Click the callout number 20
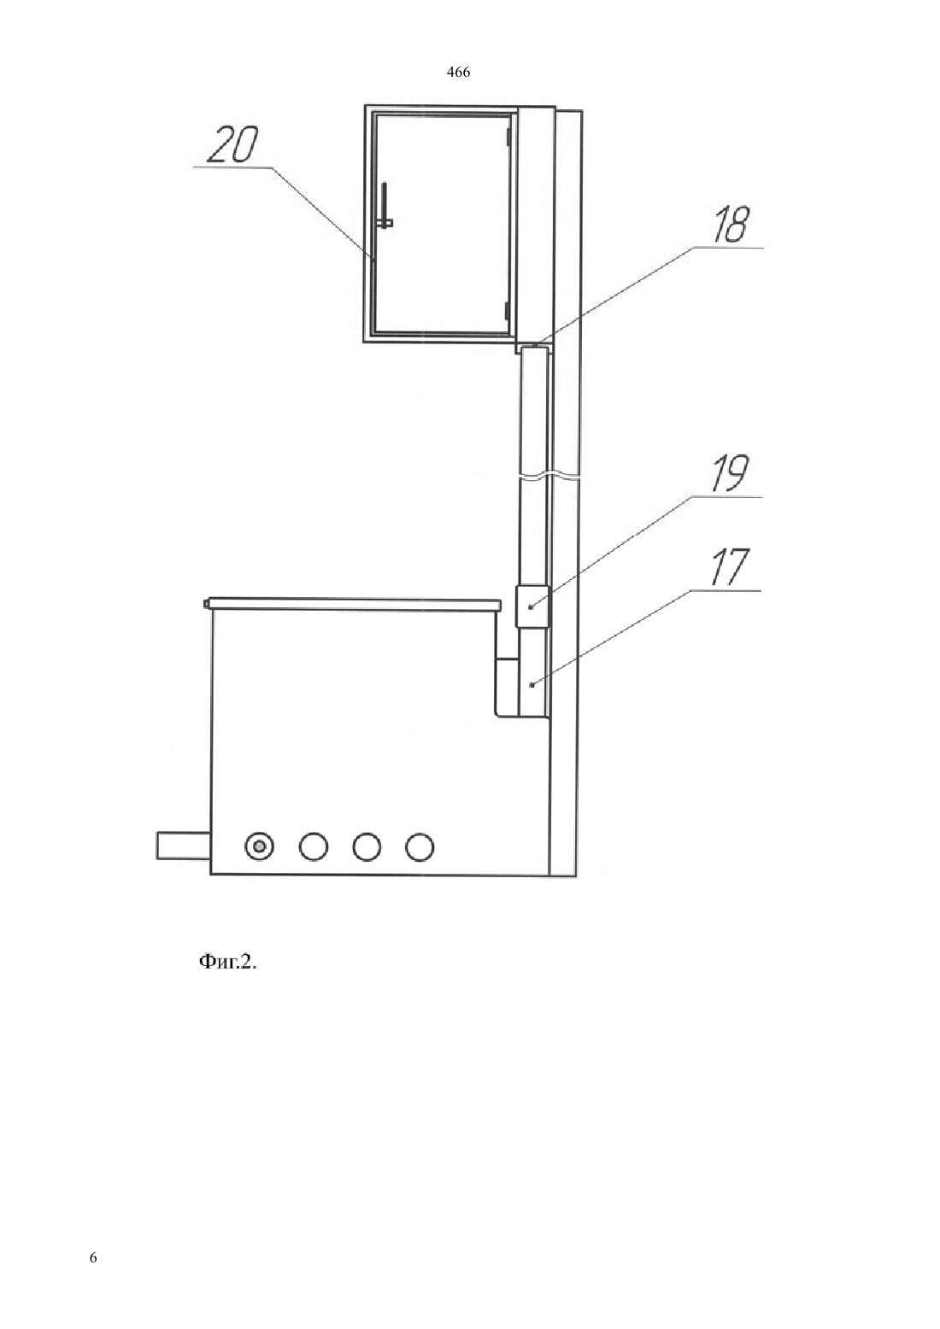[232, 144]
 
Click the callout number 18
[731, 225]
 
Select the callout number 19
[730, 473]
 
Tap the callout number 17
[729, 567]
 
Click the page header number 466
[458, 73]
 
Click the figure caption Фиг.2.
[228, 962]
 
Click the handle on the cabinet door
[385, 205]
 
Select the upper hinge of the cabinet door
[508, 137]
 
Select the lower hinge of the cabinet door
[507, 309]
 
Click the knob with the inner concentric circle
[259, 846]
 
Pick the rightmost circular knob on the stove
[420, 846]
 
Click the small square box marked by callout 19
[532, 606]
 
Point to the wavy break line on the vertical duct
[549, 476]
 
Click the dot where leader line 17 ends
[532, 685]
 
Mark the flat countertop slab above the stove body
[352, 604]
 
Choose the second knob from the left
[314, 846]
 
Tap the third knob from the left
[366, 846]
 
